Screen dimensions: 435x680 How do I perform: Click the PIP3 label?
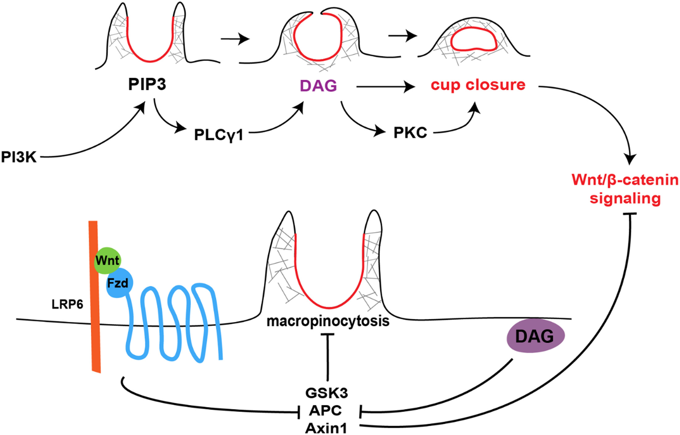click(147, 84)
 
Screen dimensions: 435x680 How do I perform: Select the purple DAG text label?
click(318, 86)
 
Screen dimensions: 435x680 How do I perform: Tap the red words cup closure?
click(478, 85)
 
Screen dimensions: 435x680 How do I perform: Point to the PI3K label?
click(19, 157)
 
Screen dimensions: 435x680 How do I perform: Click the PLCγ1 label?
click(219, 135)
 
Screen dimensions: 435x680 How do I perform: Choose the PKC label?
click(410, 133)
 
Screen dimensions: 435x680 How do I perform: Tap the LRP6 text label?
click(67, 305)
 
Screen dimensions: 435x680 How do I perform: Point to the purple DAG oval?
click(535, 336)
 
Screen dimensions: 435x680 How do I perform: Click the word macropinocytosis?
click(328, 321)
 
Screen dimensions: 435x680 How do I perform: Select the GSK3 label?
click(327, 393)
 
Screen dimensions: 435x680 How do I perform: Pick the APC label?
click(325, 411)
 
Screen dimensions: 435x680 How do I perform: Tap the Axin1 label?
click(326, 429)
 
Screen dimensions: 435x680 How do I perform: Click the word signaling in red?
click(625, 199)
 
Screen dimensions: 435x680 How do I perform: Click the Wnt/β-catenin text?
click(625, 180)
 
